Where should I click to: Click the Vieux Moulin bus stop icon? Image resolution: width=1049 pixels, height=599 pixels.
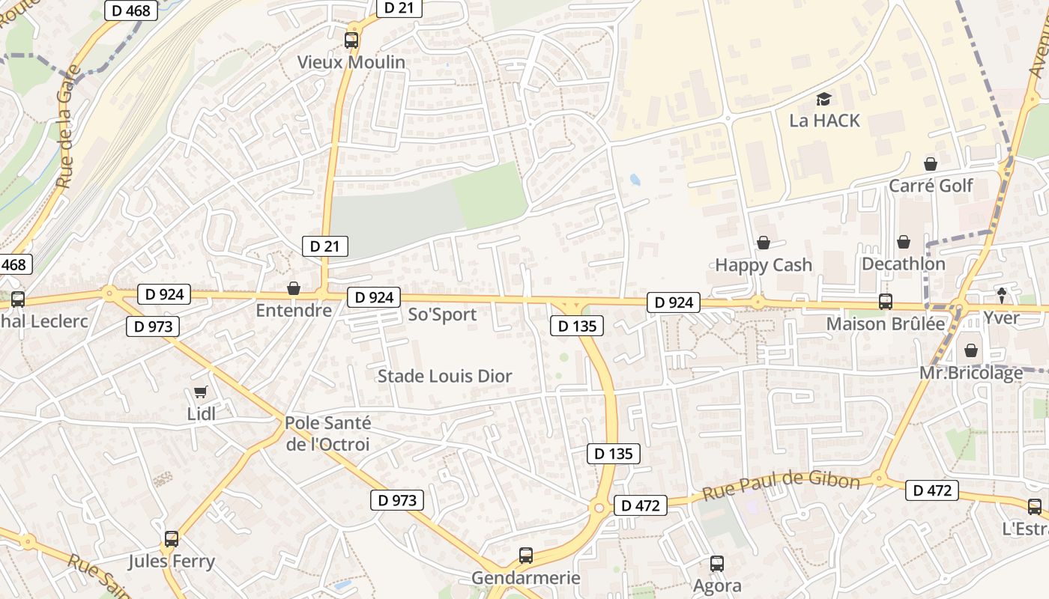(351, 40)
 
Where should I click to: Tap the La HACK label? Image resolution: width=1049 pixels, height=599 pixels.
(824, 121)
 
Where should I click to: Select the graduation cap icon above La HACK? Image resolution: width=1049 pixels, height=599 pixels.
(823, 99)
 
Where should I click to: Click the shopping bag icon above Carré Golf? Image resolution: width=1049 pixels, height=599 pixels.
(931, 164)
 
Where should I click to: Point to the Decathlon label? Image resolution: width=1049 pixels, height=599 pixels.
(903, 264)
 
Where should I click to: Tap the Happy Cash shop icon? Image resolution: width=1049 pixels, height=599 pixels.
(764, 243)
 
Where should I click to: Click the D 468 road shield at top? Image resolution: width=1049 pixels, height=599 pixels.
(131, 10)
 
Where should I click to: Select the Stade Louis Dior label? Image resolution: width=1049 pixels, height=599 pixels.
(444, 376)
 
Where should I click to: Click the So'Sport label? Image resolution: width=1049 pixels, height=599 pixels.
(442, 314)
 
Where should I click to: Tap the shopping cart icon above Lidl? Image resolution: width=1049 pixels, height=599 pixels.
(200, 392)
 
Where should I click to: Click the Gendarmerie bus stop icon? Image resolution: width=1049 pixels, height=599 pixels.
(526, 556)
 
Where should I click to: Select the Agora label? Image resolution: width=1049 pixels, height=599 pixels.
(717, 586)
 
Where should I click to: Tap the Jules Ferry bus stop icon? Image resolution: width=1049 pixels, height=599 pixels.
(171, 539)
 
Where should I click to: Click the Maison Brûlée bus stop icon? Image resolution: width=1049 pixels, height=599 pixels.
(885, 302)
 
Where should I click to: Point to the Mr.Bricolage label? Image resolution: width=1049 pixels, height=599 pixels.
(971, 373)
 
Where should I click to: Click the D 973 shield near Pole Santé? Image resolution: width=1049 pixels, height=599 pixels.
(396, 500)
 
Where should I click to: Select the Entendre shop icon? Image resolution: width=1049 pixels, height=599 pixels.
(294, 288)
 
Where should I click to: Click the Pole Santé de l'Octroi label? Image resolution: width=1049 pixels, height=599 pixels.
(327, 434)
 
